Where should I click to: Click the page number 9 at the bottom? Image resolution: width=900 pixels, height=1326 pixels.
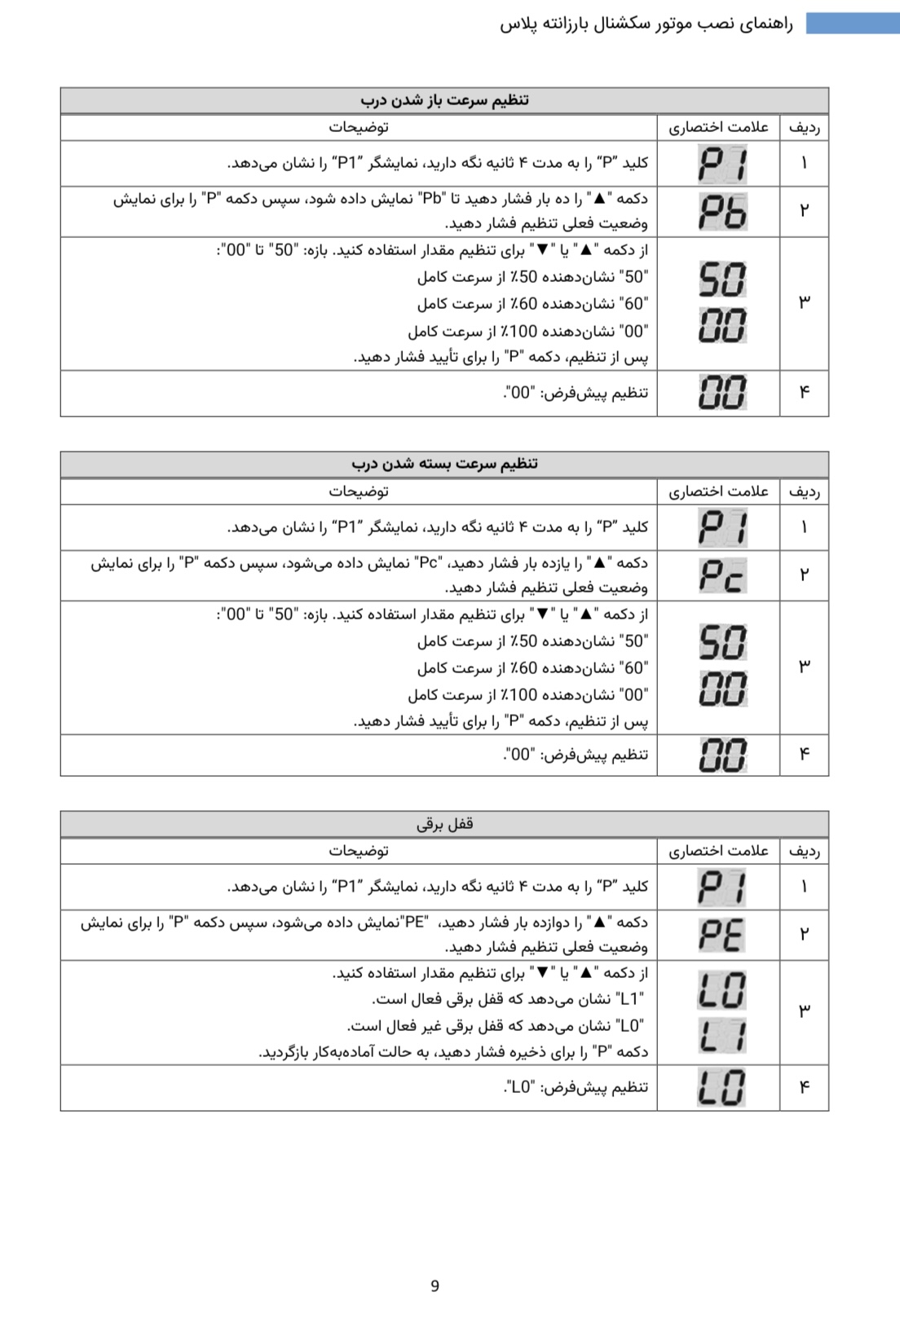pyautogui.click(x=435, y=1285)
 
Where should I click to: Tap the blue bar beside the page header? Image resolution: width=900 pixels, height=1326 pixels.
pyautogui.click(x=852, y=23)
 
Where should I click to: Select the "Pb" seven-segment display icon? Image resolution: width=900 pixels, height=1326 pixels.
pyautogui.click(x=722, y=212)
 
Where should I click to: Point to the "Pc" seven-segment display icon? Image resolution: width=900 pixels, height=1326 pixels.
pyautogui.click(x=722, y=575)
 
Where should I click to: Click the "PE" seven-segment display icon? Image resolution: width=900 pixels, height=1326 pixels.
pyautogui.click(x=721, y=935)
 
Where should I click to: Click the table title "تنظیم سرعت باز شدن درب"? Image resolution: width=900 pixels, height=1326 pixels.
pyautogui.click(x=444, y=100)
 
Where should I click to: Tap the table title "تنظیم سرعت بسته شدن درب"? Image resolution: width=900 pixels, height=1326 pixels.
pyautogui.click(x=444, y=464)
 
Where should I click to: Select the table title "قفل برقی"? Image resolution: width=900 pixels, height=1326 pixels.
pyautogui.click(x=444, y=823)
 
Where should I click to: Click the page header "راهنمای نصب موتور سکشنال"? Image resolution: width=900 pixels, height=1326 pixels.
pyautogui.click(x=646, y=24)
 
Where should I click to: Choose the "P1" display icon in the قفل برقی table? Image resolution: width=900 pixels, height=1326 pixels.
pyautogui.click(x=721, y=887)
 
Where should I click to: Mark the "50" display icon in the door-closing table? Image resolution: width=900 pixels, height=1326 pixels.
pyautogui.click(x=722, y=642)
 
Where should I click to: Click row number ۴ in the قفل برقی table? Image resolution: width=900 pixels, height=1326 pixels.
pyautogui.click(x=804, y=1087)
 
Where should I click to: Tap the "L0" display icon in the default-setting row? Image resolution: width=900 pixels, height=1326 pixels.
pyautogui.click(x=721, y=1087)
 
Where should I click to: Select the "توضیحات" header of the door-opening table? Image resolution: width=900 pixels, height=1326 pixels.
pyautogui.click(x=359, y=127)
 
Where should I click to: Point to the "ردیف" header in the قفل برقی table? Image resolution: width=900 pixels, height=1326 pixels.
pyautogui.click(x=804, y=851)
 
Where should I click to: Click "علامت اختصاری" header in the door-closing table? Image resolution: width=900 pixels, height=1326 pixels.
pyautogui.click(x=718, y=491)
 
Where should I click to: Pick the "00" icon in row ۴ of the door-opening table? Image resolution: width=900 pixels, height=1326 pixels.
pyautogui.click(x=722, y=393)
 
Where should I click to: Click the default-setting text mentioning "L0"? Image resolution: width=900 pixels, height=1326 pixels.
pyautogui.click(x=576, y=1087)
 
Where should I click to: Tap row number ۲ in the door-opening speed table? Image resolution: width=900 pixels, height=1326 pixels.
pyautogui.click(x=804, y=211)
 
